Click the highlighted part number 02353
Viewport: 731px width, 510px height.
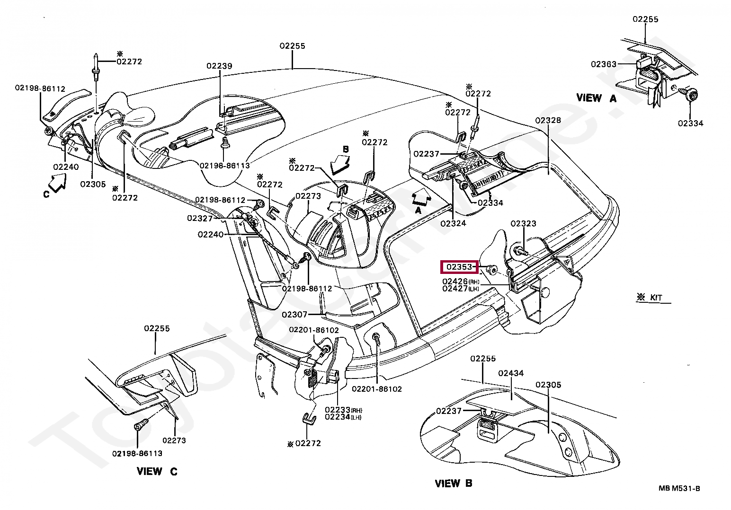(x=459, y=267)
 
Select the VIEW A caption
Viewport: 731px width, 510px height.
(x=597, y=98)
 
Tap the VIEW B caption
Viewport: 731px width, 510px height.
(x=454, y=483)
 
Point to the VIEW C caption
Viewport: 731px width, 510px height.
(x=157, y=471)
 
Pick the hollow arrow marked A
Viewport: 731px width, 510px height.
(x=421, y=197)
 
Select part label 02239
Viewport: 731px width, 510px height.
(x=219, y=66)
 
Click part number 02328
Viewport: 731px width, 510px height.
(x=548, y=120)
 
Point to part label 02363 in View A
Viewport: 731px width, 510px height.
(x=604, y=64)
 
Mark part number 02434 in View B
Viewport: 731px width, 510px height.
(x=511, y=373)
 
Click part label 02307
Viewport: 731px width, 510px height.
(x=294, y=314)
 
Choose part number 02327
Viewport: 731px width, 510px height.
(x=200, y=218)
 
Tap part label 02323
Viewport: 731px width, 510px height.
(x=524, y=224)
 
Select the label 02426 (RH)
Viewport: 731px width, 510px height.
(x=461, y=281)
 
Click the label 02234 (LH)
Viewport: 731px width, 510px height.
(x=343, y=417)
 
